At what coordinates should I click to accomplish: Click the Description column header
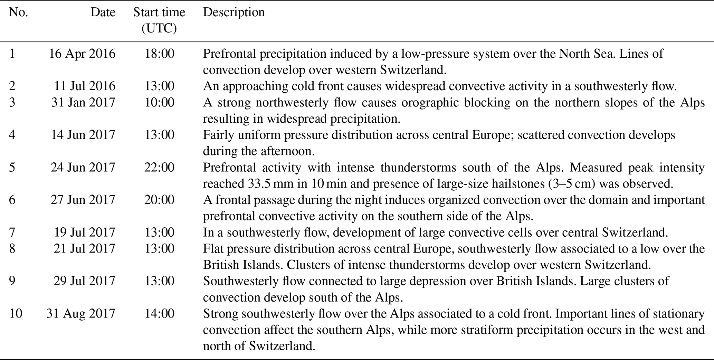coord(234,12)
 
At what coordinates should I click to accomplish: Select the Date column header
coord(103,12)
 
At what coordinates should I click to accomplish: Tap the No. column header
coord(18,12)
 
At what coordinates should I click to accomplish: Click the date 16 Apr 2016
coord(82,54)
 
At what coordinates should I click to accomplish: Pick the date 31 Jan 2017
coord(83,103)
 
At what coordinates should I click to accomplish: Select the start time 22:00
coord(159,168)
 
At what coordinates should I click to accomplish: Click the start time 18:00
coord(159,54)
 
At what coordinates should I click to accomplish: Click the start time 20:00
coord(159,200)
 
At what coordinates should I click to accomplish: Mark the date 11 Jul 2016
coord(84,86)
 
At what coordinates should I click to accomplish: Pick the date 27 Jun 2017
coord(83,200)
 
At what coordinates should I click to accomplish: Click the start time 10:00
coord(159,103)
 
